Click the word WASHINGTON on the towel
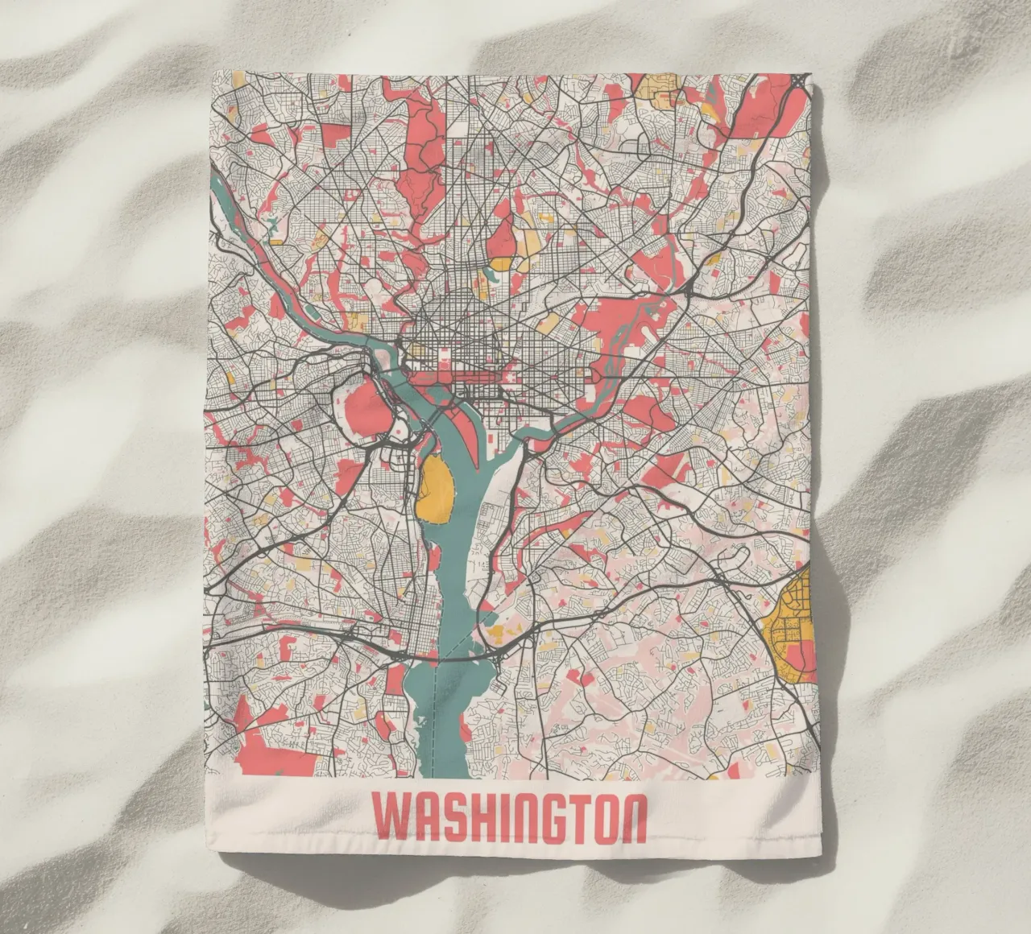point(510,817)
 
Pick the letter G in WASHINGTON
point(548,817)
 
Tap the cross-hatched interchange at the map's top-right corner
point(797,81)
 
